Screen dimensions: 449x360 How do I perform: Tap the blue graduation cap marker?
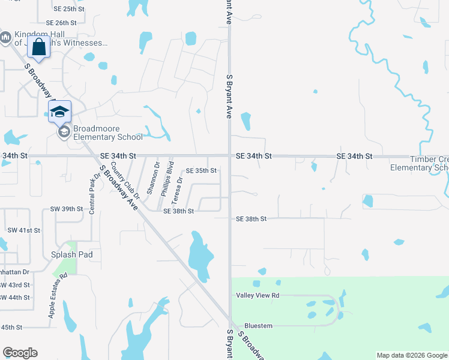59,112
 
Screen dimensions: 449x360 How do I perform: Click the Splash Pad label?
71,254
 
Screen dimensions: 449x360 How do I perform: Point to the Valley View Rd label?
258,295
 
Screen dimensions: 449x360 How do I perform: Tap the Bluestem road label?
258,326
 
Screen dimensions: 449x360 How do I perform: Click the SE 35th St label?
200,170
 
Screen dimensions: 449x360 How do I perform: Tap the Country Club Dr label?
125,180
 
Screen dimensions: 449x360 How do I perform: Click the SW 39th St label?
66,209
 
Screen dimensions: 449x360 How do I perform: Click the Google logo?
20,353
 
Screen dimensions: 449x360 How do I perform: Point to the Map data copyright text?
412,355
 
